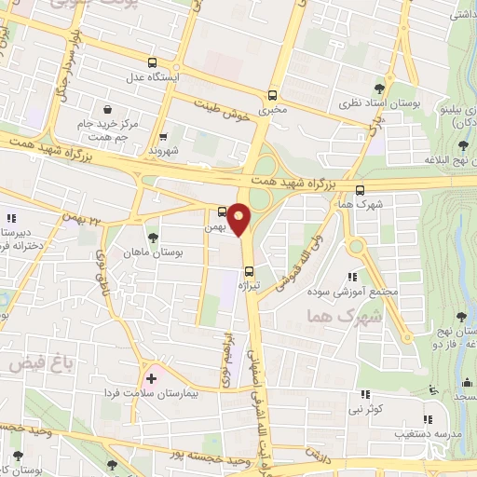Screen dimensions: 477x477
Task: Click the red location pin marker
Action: pos(239,220)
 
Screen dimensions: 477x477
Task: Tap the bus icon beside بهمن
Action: pos(223,212)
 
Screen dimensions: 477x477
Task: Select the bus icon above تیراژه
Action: pos(248,274)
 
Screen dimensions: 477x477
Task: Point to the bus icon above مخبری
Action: pos(272,96)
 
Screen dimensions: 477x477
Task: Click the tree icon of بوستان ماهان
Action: pos(154,237)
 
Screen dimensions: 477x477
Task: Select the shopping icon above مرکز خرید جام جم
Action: pos(109,108)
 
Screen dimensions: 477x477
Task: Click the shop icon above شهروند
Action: pos(163,136)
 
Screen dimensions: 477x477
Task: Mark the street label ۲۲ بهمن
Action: pos(82,218)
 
